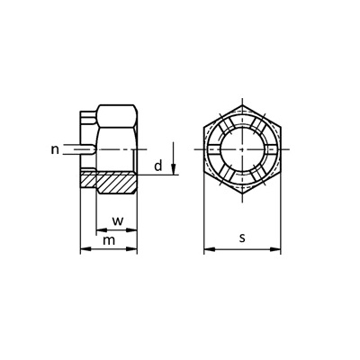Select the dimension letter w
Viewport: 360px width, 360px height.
coord(116,221)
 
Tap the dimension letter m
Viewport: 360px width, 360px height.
coord(109,240)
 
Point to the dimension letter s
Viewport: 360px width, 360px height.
coord(243,238)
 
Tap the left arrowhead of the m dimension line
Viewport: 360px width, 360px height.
coord(85,249)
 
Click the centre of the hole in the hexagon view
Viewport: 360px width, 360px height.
coord(242,148)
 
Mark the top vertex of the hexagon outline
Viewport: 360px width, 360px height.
coord(242,105)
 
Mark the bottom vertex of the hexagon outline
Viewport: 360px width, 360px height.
coord(242,193)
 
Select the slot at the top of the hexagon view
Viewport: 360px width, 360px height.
coord(242,114)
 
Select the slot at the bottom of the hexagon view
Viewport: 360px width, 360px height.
coord(242,184)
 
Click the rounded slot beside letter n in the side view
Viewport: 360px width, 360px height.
coord(86,149)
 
